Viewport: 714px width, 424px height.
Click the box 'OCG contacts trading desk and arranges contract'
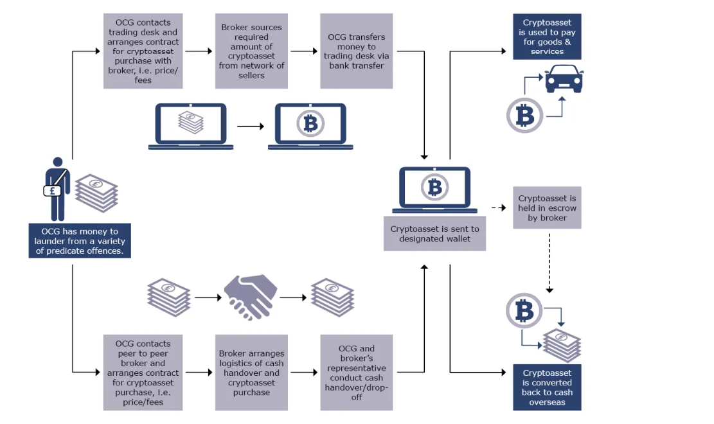tap(143, 51)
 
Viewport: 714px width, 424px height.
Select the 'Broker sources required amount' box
tap(251, 51)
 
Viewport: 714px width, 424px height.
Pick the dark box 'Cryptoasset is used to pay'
tap(547, 37)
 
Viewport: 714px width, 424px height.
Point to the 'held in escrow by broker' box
tap(547, 208)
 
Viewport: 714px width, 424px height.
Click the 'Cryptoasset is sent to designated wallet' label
tap(434, 234)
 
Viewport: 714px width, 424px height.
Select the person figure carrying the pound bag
tap(57, 190)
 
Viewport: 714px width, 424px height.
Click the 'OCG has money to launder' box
tap(80, 241)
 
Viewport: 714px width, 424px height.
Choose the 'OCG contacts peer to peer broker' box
tap(143, 373)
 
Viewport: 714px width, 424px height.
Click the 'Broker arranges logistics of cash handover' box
tap(251, 373)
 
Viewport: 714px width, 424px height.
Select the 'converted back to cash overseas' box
tap(547, 387)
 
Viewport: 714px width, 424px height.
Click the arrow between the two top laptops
tap(251, 127)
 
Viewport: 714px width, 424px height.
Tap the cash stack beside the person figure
tap(96, 193)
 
